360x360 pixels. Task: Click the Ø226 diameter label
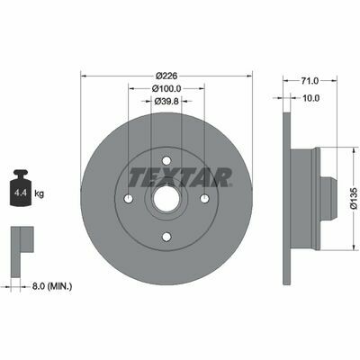(x=166, y=76)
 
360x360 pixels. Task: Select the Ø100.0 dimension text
(x=166, y=89)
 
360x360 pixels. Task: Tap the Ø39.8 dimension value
(x=166, y=102)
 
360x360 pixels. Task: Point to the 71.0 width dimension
(x=310, y=81)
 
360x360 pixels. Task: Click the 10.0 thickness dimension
(x=311, y=98)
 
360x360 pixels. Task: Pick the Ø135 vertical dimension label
(x=355, y=198)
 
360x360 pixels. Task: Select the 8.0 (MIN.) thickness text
(x=52, y=286)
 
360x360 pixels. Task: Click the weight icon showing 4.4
(x=21, y=188)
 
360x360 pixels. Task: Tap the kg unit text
(x=40, y=193)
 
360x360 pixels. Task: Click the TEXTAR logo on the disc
(x=180, y=177)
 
